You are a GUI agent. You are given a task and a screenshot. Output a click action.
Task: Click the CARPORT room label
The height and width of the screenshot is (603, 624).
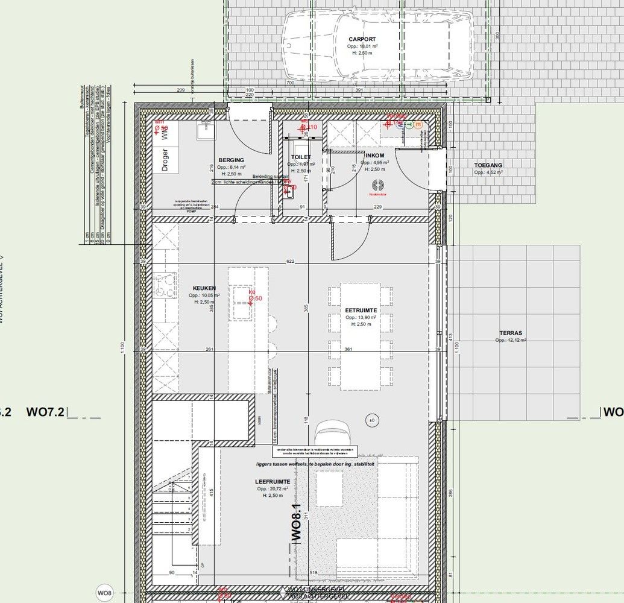click(x=362, y=39)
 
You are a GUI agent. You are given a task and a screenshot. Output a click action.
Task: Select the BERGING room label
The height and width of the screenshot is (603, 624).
click(x=231, y=161)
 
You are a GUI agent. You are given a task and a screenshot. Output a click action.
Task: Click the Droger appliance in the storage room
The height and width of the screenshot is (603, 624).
click(x=165, y=160)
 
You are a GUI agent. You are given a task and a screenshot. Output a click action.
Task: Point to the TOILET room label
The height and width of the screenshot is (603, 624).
click(x=301, y=157)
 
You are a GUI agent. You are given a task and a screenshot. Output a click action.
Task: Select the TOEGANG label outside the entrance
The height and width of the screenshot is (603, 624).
click(x=488, y=165)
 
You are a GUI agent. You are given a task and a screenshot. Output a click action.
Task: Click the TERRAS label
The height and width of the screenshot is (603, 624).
click(x=511, y=333)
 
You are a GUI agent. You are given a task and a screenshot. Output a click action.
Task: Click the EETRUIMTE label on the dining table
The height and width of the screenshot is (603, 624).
click(x=362, y=310)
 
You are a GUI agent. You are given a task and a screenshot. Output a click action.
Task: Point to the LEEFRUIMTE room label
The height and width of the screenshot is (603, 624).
click(x=272, y=482)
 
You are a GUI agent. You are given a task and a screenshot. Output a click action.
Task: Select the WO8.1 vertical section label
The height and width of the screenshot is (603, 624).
click(x=297, y=522)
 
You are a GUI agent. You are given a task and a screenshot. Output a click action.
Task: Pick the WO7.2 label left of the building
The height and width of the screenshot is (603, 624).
click(x=46, y=412)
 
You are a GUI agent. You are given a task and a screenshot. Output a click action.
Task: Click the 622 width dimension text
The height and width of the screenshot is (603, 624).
click(x=291, y=262)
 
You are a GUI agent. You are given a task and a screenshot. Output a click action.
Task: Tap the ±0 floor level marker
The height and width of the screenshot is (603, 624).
click(x=372, y=420)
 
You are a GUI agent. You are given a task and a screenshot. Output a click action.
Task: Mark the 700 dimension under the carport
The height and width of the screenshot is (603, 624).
click(x=289, y=83)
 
